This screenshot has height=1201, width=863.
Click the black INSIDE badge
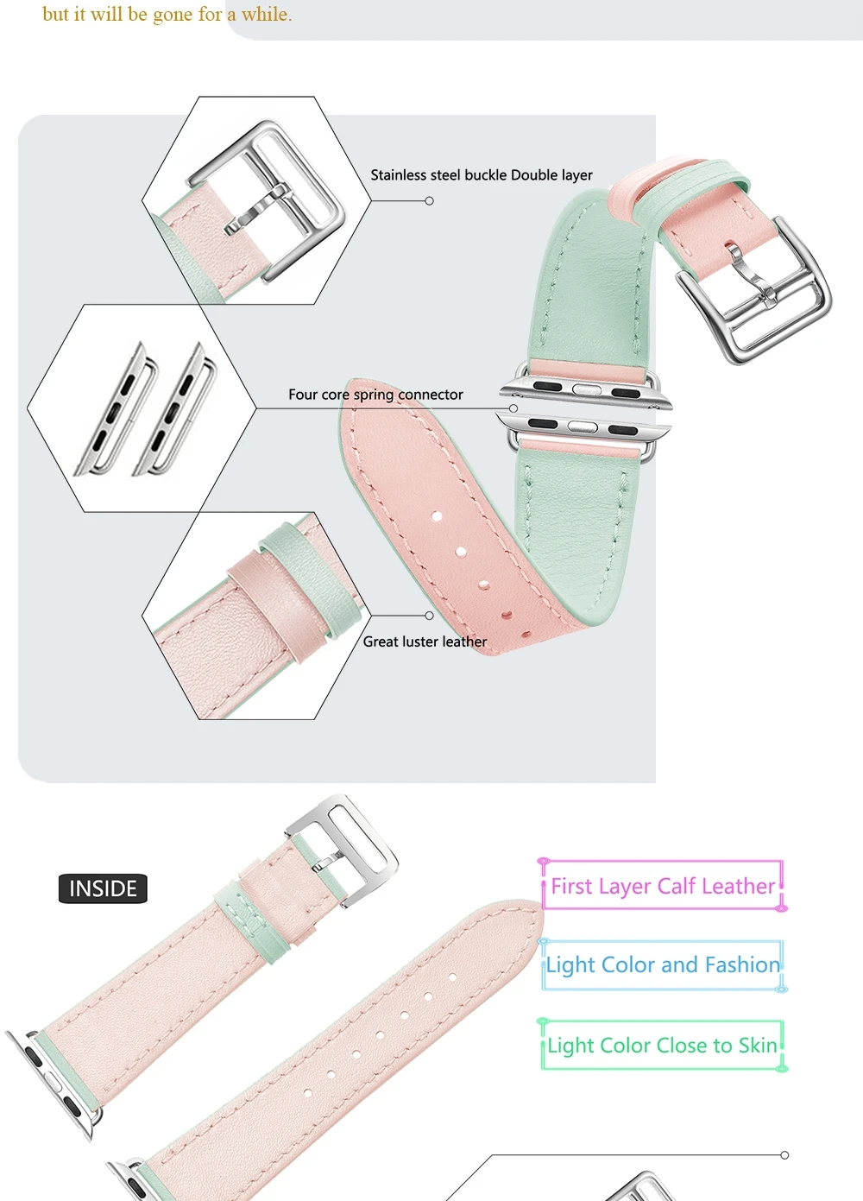click(103, 888)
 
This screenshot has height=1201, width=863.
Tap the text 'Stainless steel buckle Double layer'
click(482, 175)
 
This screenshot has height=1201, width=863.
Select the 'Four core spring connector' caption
click(375, 395)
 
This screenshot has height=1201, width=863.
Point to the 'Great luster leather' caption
click(425, 642)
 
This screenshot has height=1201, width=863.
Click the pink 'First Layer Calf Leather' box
click(662, 886)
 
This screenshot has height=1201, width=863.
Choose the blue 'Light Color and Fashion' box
click(662, 965)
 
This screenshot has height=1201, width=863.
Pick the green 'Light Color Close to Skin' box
click(662, 1046)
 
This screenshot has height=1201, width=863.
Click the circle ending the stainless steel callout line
click(430, 201)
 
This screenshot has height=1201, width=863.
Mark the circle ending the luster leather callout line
click(430, 616)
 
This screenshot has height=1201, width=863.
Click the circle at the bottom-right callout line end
click(784, 1155)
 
